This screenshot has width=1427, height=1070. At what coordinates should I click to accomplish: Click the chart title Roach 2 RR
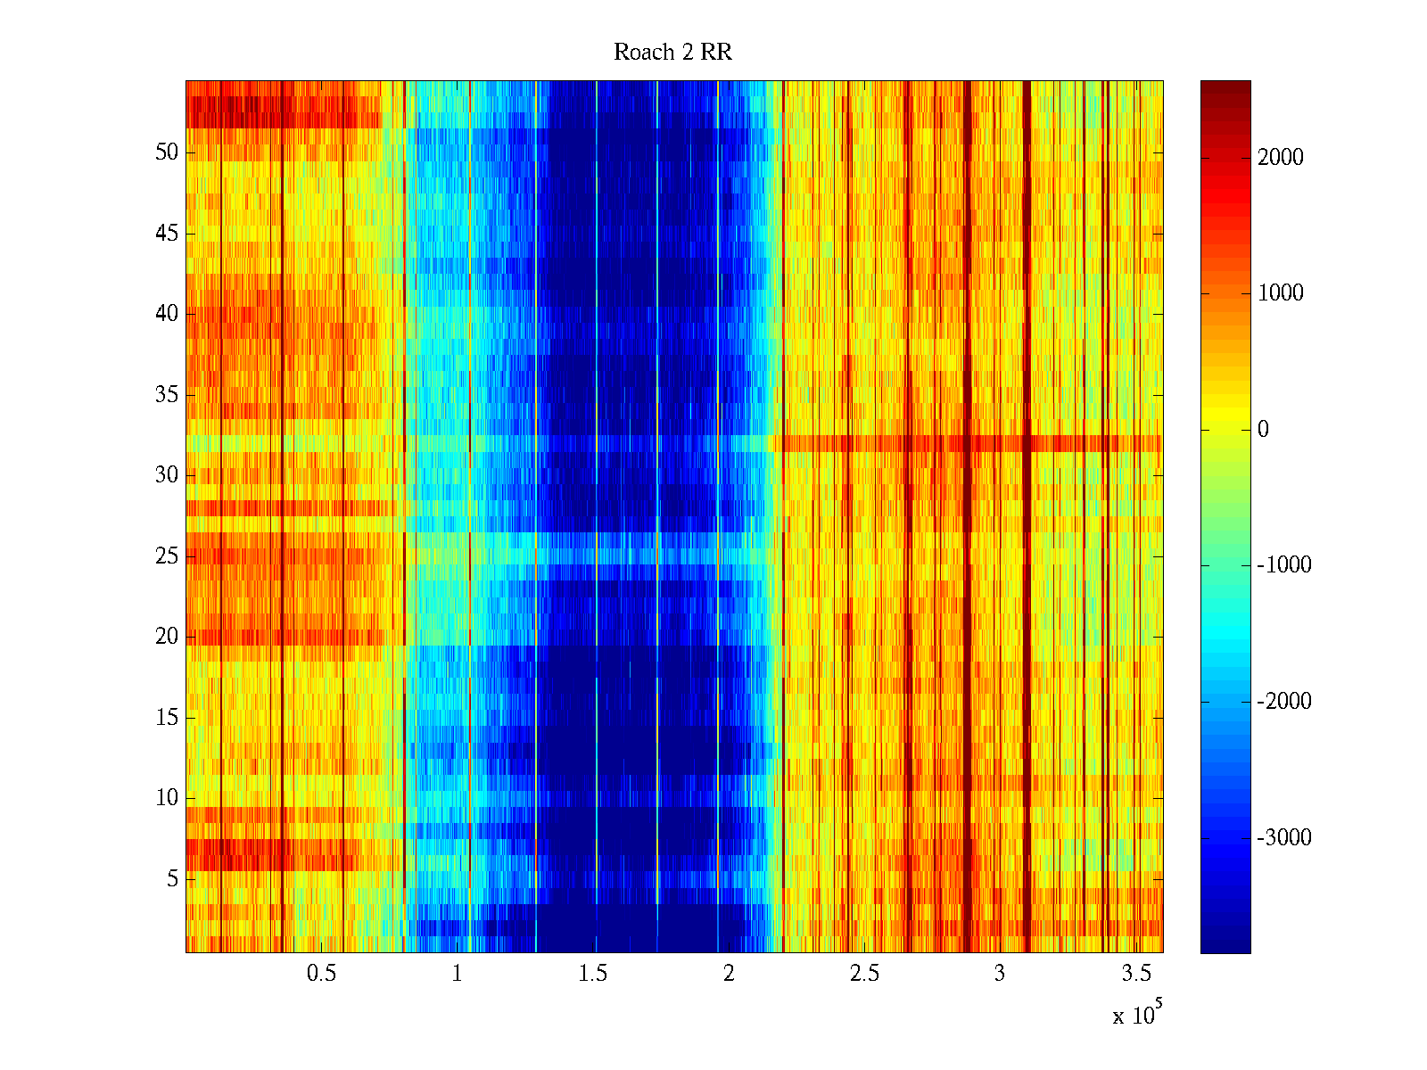(672, 53)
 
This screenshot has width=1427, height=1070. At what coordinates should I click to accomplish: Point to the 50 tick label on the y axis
(167, 152)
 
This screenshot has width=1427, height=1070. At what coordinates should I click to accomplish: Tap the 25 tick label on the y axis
(167, 556)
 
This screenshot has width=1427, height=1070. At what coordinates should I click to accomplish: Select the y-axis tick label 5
(172, 879)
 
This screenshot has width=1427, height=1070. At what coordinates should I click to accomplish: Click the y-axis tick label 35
(167, 395)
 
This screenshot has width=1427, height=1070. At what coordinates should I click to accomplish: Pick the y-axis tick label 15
(167, 718)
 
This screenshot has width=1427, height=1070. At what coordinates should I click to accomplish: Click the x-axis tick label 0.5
(321, 974)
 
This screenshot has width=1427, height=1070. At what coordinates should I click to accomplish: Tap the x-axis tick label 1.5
(593, 974)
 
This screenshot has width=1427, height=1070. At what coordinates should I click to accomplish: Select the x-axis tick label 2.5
(864, 974)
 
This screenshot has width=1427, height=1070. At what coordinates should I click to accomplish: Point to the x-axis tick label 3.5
(1135, 974)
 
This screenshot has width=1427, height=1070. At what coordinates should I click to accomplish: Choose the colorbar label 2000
(1281, 158)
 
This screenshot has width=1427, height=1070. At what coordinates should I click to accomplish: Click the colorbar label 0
(1263, 430)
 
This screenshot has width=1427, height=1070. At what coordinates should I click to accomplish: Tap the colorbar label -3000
(1284, 838)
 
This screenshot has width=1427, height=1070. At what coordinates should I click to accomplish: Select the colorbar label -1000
(1284, 565)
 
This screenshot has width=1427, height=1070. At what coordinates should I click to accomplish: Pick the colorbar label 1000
(1281, 293)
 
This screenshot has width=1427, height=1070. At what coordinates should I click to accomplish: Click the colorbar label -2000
(1284, 702)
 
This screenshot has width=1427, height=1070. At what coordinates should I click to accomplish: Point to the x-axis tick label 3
(1000, 974)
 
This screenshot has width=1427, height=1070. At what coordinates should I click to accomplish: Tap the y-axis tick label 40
(167, 314)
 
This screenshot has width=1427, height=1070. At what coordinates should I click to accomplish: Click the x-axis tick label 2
(729, 974)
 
